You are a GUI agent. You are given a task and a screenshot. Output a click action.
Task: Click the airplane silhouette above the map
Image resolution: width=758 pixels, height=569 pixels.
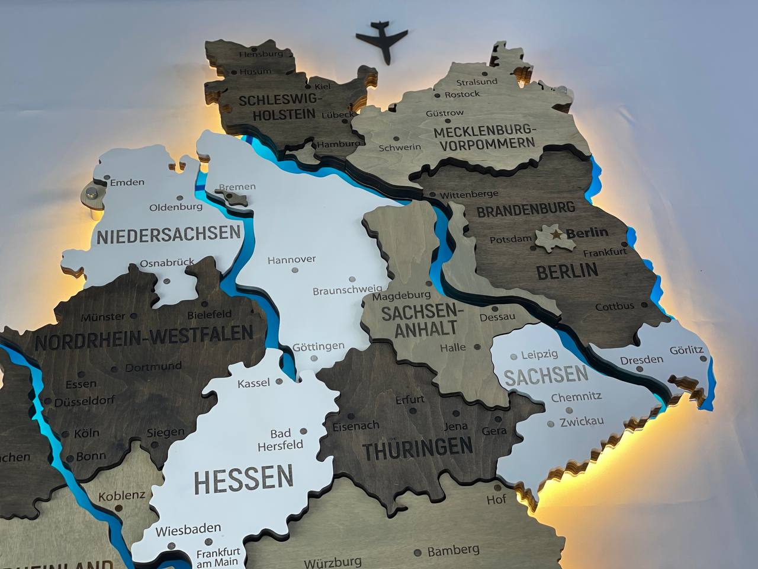click(384, 40)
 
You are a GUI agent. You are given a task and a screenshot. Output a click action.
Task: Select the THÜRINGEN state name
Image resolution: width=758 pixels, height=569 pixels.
click(417, 448)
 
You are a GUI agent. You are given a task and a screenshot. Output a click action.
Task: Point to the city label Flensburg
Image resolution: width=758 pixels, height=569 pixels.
click(261, 54)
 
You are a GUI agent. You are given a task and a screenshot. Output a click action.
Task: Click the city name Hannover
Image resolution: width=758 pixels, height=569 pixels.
click(291, 260)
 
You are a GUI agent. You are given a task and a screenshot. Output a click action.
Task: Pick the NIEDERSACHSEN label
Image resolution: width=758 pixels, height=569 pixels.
click(168, 235)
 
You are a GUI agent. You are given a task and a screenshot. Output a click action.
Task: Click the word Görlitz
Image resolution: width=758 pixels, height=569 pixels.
click(687, 350)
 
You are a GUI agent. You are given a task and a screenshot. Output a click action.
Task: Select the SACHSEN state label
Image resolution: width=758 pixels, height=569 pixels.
click(546, 375)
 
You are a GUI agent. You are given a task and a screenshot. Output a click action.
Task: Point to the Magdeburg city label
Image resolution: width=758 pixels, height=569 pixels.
click(402, 295)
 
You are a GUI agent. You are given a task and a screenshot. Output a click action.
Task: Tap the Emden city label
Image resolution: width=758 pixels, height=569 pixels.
click(127, 182)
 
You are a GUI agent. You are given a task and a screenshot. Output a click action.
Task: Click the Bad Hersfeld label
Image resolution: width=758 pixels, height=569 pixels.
click(287, 439)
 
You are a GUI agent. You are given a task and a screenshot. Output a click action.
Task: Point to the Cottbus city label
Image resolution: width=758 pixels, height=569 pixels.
click(614, 306)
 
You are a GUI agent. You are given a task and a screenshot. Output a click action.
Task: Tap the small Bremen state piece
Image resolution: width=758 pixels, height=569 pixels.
click(236, 197)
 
